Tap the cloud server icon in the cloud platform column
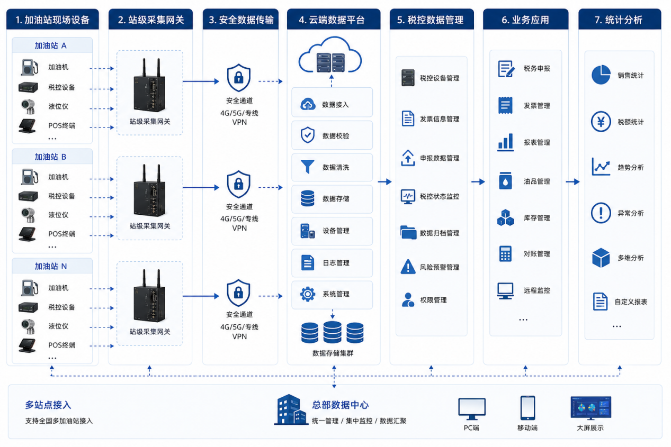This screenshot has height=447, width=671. point(330,56)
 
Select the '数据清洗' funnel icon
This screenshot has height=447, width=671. point(307,167)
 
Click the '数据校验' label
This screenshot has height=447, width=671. point(336,136)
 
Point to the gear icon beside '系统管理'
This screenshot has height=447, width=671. point(308,294)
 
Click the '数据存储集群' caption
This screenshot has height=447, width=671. point(333,353)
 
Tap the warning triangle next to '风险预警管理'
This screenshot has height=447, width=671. point(408,267)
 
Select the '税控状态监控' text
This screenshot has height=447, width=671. point(440,197)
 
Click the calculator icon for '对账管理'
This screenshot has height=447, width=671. point(505,254)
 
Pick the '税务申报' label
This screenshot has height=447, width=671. point(537,69)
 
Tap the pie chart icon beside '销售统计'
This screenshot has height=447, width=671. point(601,75)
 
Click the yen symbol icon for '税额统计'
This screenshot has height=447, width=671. point(601,122)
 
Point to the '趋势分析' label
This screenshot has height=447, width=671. point(631,167)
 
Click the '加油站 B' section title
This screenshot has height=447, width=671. point(50,157)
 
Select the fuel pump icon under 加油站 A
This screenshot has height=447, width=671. point(30,67)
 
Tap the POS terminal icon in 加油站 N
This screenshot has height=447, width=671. point(27,345)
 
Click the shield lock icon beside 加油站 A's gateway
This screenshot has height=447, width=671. point(239,77)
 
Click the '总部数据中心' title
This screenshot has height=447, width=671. point(341,405)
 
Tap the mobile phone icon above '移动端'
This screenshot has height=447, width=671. point(527,408)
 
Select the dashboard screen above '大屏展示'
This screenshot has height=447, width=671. point(591,408)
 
